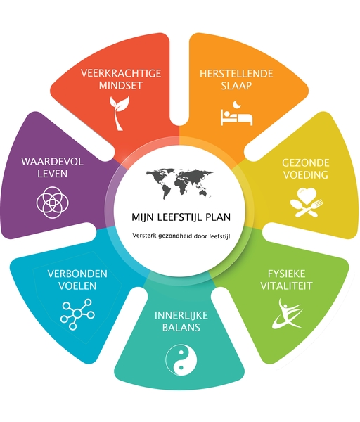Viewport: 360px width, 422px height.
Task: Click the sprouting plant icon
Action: click(x=118, y=113)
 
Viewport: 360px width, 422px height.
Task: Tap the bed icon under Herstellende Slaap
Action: click(x=236, y=117)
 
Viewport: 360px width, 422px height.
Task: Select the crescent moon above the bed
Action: click(x=237, y=104)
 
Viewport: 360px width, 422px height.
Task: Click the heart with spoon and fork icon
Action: click(x=307, y=203)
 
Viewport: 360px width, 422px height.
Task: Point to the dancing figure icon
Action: click(x=288, y=314)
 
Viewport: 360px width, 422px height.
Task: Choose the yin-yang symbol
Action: click(x=181, y=360)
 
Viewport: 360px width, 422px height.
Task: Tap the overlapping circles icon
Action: click(x=53, y=203)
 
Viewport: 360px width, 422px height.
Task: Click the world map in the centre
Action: click(x=179, y=184)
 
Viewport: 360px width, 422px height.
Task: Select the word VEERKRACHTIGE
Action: click(x=121, y=73)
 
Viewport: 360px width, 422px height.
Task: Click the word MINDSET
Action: click(x=121, y=85)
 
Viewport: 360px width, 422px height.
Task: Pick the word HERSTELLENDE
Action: click(x=236, y=73)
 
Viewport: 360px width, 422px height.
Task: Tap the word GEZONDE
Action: click(x=306, y=162)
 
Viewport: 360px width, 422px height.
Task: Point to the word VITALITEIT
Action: click(x=287, y=286)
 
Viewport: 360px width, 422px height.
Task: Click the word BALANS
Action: click(x=181, y=327)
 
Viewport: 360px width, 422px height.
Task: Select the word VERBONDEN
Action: click(x=77, y=274)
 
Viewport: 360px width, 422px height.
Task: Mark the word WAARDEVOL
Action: click(x=53, y=162)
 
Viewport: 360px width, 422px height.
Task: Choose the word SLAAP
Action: click(x=236, y=86)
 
